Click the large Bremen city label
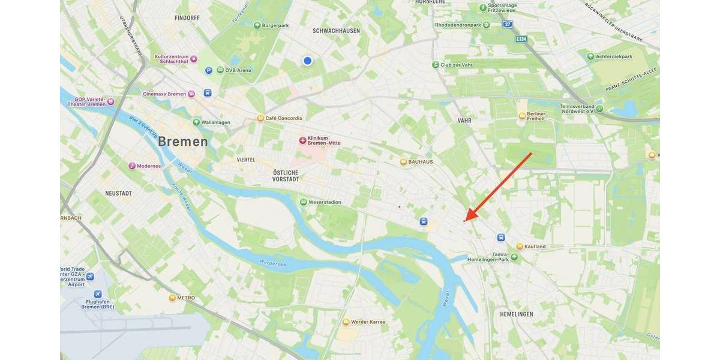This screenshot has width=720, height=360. pyautogui.click(x=183, y=142)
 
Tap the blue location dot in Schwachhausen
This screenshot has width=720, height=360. pyautogui.click(x=308, y=61)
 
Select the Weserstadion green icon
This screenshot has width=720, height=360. pyautogui.click(x=304, y=202)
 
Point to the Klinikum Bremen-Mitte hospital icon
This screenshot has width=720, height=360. pyautogui.click(x=303, y=140)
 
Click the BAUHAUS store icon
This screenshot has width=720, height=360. pyautogui.click(x=403, y=161)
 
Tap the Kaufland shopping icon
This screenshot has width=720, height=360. pyautogui.click(x=520, y=246)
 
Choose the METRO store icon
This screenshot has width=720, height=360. pyautogui.click(x=173, y=298)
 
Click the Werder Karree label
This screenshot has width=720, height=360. pyautogui.click(x=368, y=322)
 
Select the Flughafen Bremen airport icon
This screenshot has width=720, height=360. pyautogui.click(x=97, y=294)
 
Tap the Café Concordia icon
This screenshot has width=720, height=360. pyautogui.click(x=260, y=118)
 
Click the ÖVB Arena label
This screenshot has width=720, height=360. pyautogui.click(x=238, y=70)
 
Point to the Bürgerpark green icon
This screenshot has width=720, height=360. pyautogui.click(x=257, y=25)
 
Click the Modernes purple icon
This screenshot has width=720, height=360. pyautogui.click(x=132, y=166)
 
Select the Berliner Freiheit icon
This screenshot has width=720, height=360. pyautogui.click(x=522, y=115)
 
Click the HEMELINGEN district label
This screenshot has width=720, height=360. pyautogui.click(x=517, y=314)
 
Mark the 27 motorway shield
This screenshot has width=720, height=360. pyautogui.click(x=508, y=25)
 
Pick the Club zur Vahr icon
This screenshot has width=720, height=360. pyautogui.click(x=436, y=64)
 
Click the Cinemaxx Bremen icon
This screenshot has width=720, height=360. pyautogui.click(x=191, y=94)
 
